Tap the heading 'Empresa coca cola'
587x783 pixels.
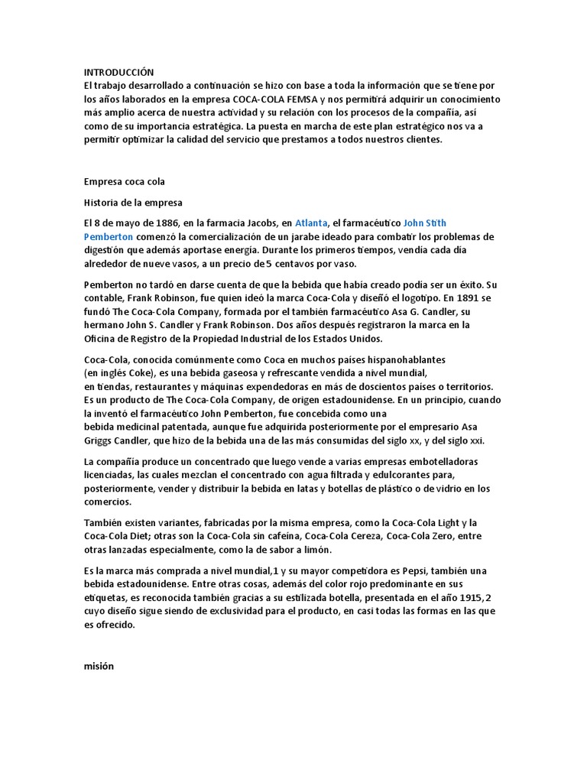point(124,181)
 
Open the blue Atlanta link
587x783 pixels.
point(312,223)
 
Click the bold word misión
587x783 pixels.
point(99,665)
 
